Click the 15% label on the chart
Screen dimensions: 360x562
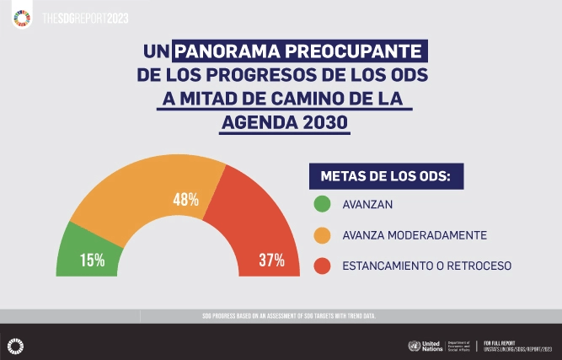click(x=93, y=260)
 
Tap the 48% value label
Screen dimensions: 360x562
click(x=185, y=200)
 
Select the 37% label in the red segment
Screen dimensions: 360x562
click(x=271, y=260)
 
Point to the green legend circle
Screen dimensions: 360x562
click(x=321, y=204)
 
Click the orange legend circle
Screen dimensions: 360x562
click(x=321, y=234)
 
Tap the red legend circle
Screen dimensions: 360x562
click(x=321, y=266)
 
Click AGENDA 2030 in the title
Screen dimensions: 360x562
click(x=284, y=121)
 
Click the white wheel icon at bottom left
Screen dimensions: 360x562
click(x=14, y=344)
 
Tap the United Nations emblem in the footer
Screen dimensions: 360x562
click(x=413, y=346)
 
